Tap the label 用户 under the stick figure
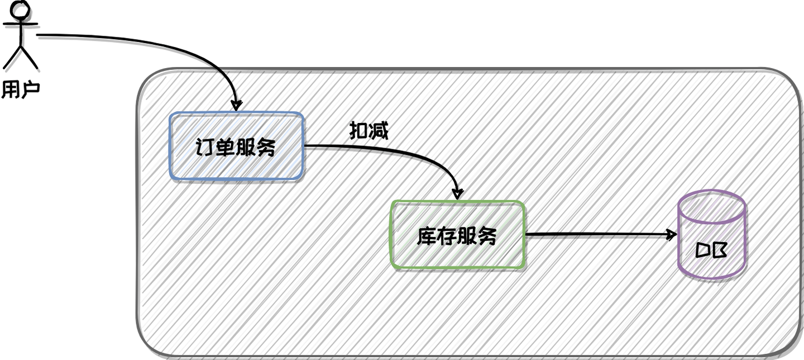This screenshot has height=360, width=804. (21, 89)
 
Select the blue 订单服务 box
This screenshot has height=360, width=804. (236, 146)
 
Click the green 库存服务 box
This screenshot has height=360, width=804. (457, 235)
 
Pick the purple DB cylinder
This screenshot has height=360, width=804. (712, 235)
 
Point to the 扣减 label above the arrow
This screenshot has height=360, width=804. (368, 131)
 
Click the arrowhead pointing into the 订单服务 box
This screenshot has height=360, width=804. (237, 106)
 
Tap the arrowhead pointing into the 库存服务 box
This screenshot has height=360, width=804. (458, 195)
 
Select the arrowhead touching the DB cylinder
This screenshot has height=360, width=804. (672, 235)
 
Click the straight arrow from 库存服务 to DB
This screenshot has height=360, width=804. (597, 235)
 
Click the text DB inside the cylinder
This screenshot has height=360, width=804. (712, 250)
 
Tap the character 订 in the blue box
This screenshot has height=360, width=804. (205, 147)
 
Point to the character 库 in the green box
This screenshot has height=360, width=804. (427, 236)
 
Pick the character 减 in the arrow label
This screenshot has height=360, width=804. (379, 131)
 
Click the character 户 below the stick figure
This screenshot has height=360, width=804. (31, 89)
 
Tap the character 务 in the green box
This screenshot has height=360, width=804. (487, 236)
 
